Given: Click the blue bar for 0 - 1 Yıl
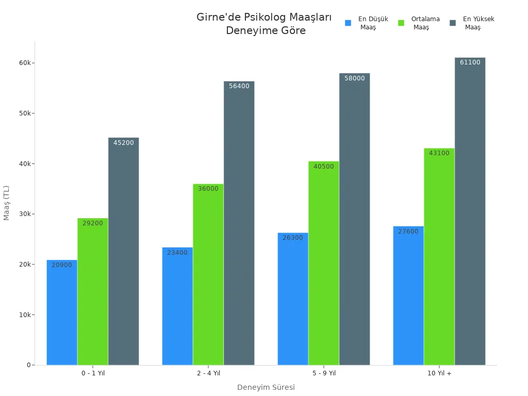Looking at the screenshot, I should pos(62,312).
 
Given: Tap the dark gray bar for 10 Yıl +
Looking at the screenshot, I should pos(470,211).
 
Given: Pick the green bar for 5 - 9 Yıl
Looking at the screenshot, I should pos(324,263).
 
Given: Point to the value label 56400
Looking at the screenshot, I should pos(239,86).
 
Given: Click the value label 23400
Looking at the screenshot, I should pos(177,253).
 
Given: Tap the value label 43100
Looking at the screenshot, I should pos(439,153).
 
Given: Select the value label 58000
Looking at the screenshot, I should pos(354,78).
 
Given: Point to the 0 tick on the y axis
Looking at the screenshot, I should pos(29,365).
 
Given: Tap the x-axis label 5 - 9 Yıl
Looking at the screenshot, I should pos(324,373).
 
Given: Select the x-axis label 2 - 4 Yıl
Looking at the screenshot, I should pos(208,373).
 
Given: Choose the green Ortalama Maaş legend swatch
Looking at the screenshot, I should pos(401,23).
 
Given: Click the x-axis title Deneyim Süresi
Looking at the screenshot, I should pos(266,387).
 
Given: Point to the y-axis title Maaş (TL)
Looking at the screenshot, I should pos(7,203).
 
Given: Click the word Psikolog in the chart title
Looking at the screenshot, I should pos(265,18).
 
